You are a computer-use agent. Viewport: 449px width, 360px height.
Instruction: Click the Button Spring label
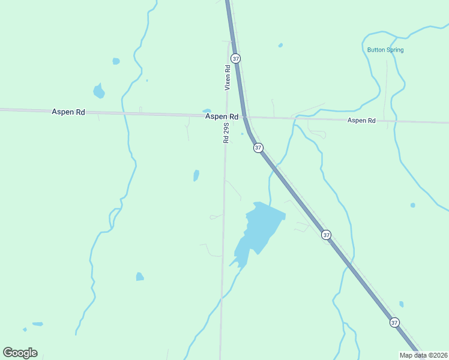385,50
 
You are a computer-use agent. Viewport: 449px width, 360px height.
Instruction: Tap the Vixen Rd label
228,77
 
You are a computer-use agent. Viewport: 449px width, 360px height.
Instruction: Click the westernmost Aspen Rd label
68,112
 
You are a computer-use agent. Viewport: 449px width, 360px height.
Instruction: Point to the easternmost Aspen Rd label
361,121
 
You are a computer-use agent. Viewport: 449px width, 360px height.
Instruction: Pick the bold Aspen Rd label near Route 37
221,117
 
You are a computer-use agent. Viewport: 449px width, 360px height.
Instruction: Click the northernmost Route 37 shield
236,59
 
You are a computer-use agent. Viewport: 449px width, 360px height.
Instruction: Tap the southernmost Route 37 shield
394,322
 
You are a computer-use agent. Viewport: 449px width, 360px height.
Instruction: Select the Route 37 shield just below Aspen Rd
258,148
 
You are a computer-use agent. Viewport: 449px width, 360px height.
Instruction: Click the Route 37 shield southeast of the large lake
326,235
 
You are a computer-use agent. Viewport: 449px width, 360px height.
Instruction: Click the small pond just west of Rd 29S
196,175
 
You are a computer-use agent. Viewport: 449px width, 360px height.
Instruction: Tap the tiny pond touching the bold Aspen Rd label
207,110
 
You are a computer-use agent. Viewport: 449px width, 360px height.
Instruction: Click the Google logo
20,353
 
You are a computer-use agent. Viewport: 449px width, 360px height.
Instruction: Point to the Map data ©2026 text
424,355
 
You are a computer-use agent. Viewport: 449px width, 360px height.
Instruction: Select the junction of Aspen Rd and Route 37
245,117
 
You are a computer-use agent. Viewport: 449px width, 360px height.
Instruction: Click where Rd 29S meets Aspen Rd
226,116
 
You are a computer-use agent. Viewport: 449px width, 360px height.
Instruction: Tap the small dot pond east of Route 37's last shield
401,304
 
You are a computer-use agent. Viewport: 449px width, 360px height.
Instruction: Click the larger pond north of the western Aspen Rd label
99,92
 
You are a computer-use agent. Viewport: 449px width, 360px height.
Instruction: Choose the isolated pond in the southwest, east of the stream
140,277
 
